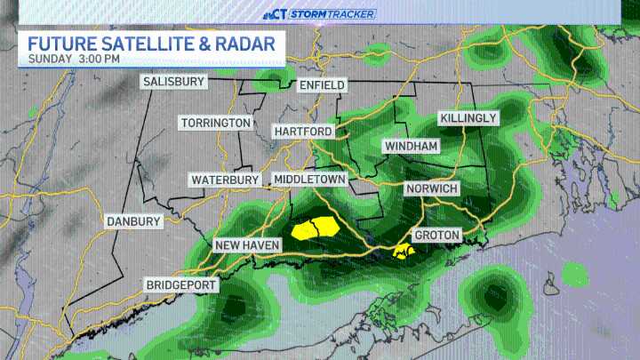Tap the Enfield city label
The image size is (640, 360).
coord(321,84)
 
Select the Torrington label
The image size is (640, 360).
coord(215,123)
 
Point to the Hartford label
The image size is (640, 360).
coord(303,132)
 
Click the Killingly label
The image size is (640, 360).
coord(468,118)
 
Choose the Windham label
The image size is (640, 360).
coord(410,146)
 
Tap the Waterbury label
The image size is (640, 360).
coord(225,180)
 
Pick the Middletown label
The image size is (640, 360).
coord(309,180)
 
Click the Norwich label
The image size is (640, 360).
coord(431,189)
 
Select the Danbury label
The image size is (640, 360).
coord(133,221)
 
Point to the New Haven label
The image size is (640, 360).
coord(247,244)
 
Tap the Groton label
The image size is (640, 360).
coord(436,236)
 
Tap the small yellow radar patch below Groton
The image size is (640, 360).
coord(404,254)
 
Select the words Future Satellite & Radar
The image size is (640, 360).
coord(150,43)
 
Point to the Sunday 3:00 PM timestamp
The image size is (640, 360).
coord(74,59)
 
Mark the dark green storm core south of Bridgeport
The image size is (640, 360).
coord(233,308)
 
